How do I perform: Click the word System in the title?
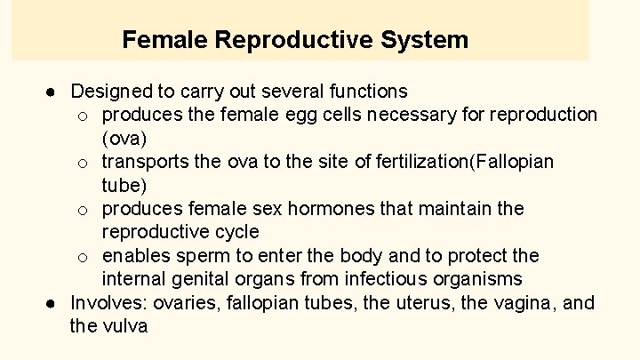(x=423, y=40)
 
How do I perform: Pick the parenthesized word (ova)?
(x=124, y=138)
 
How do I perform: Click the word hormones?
(x=304, y=209)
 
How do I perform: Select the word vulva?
(x=125, y=326)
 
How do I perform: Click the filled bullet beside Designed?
(x=52, y=91)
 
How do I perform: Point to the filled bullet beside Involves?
(x=52, y=303)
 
